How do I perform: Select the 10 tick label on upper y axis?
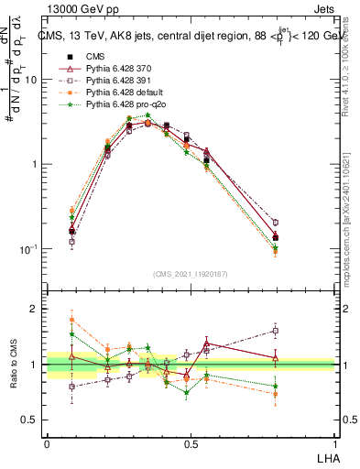tap(30, 80)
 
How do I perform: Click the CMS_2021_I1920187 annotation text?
tap(190, 272)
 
